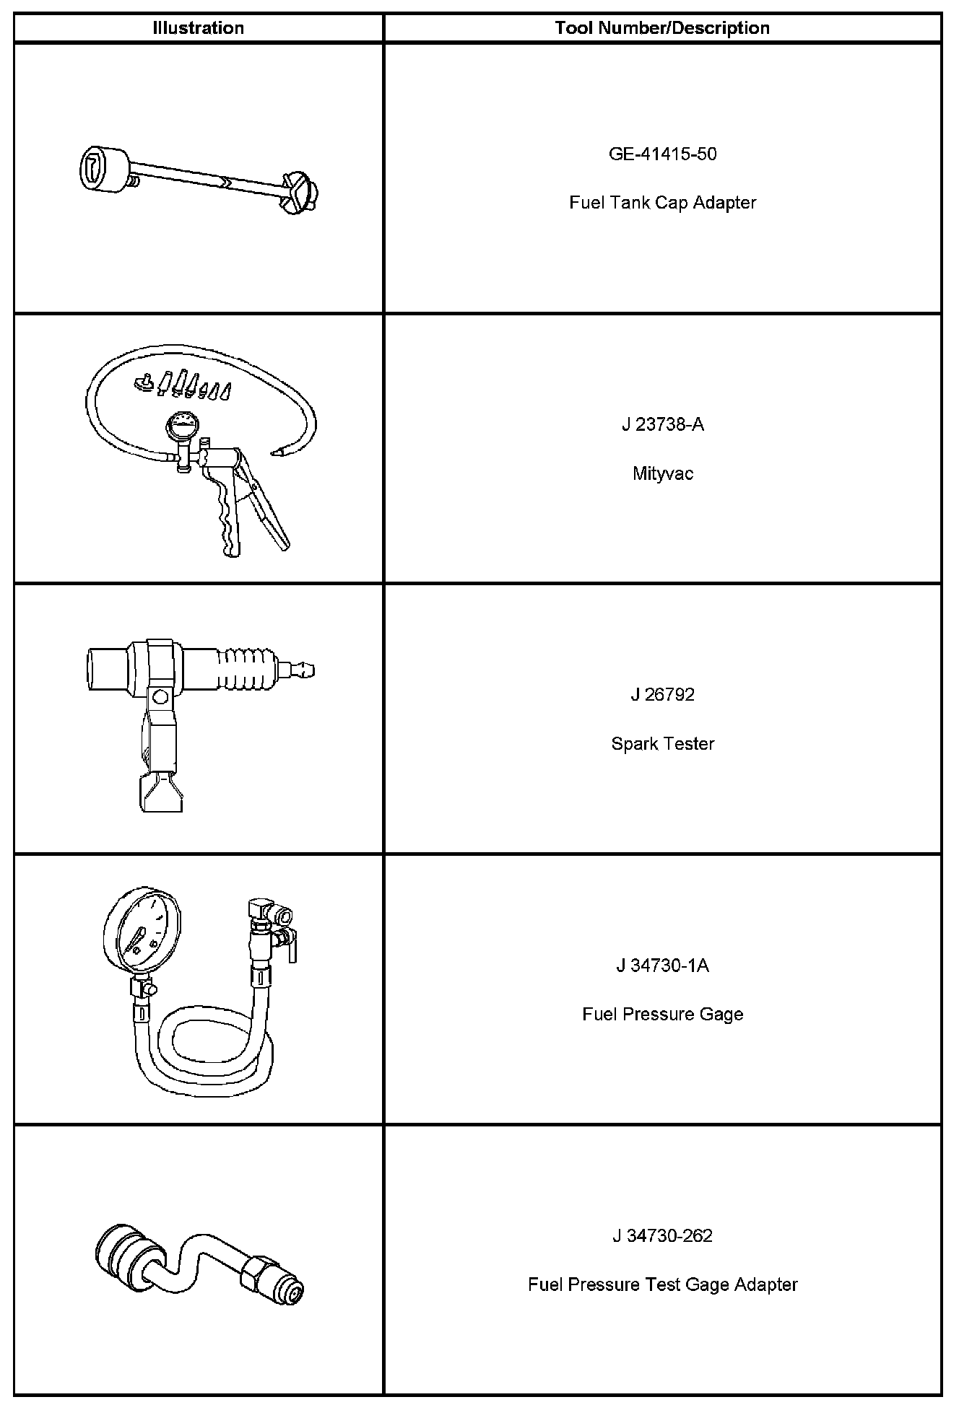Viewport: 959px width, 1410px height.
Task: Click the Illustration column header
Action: (198, 28)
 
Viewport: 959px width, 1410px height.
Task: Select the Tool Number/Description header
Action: (662, 28)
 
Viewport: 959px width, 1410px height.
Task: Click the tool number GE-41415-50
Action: (662, 154)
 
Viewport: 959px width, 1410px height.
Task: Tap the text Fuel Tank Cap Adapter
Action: (662, 203)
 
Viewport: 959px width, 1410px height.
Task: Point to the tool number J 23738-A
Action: (662, 424)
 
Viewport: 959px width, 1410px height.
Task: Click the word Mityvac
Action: (662, 473)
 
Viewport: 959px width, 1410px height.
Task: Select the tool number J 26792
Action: (662, 694)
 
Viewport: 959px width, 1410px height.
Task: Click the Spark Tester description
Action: (662, 744)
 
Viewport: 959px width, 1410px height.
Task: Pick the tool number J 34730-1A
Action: (662, 965)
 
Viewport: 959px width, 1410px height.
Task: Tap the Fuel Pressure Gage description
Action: (662, 1014)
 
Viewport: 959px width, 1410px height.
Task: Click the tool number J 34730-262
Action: (662, 1236)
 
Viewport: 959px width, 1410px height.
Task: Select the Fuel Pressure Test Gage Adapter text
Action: (662, 1284)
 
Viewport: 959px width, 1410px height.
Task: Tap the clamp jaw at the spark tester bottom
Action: (161, 794)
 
